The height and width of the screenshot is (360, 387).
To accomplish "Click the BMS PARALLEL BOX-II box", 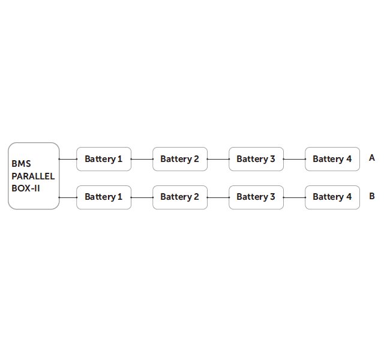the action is [34, 176].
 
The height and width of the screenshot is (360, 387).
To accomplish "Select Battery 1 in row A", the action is [104, 159].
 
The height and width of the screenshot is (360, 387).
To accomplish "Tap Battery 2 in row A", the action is [180, 159].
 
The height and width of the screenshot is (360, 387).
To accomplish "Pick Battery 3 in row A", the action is [256, 159].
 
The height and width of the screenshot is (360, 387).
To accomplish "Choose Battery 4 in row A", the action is [332, 159].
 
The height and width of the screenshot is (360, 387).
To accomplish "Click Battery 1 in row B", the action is [104, 197].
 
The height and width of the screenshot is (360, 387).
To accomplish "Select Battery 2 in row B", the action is [180, 197].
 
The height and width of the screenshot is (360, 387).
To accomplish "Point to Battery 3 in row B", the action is [256, 197].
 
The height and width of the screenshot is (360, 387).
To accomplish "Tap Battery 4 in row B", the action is [332, 197].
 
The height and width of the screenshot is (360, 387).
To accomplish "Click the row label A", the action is [372, 158].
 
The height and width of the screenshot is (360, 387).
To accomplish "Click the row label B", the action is [372, 196].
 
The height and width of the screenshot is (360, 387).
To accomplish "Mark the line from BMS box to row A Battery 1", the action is [68, 159].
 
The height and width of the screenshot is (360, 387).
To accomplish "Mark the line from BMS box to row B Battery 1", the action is [68, 197].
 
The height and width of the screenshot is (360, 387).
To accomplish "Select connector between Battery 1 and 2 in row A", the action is [142, 159].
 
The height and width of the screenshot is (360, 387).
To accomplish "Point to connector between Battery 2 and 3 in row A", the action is [218, 159].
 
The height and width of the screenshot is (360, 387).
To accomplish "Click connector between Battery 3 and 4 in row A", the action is [295, 159].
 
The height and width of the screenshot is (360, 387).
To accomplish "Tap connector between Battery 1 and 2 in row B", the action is [142, 197].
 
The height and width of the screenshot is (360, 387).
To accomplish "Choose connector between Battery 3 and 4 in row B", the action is [295, 197].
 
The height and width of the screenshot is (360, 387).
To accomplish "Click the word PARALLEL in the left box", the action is [33, 176].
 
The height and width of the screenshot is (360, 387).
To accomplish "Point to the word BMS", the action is [21, 164].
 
